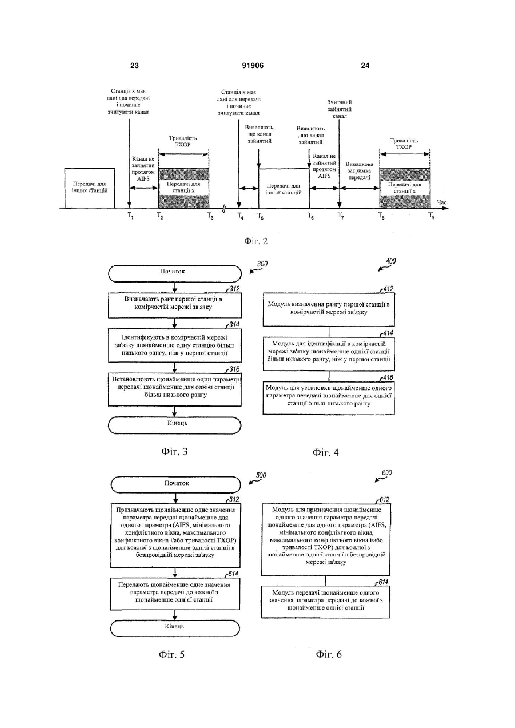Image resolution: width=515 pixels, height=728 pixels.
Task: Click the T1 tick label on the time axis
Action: coord(130,216)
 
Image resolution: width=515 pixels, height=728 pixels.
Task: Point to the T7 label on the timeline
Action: coord(341,216)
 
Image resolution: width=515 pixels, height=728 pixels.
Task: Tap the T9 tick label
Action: coord(432,216)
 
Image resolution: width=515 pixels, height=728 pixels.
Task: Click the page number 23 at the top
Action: coord(134,66)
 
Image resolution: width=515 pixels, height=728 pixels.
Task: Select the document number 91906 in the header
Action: coord(253,66)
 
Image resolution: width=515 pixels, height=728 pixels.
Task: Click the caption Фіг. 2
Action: coord(255,241)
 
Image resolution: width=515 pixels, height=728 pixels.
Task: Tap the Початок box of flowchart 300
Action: coord(175,273)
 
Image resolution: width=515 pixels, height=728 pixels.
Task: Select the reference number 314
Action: coord(234,325)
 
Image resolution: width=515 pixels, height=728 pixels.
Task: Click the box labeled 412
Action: coord(329,309)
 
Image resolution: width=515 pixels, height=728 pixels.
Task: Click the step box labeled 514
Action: coord(175,594)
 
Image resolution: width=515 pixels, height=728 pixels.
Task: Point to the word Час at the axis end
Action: coord(442,202)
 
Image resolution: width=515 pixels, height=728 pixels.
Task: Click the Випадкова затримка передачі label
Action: coord(360,170)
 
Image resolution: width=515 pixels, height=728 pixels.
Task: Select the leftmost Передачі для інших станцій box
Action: coord(90,188)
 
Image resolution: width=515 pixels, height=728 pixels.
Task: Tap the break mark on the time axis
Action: coord(224,209)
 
